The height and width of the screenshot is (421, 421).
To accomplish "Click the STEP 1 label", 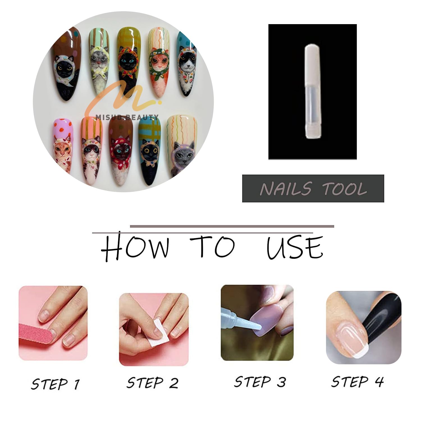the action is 55,384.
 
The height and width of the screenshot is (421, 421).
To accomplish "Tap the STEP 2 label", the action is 152,383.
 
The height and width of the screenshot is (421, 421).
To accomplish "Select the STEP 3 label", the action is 260,382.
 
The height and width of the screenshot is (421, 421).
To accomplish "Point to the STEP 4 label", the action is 358,382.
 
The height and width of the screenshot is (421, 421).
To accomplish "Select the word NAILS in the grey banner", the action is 286,189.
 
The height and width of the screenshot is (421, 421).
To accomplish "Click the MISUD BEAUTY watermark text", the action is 127,117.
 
